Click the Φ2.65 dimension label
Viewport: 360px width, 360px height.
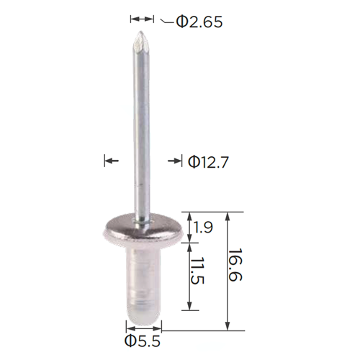[x=199, y=22]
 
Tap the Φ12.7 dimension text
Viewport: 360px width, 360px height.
[x=208, y=162]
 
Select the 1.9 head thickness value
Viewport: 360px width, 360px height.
[x=203, y=228]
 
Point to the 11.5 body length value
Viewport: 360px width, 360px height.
[x=198, y=271]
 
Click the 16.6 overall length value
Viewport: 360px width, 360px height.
[x=235, y=264]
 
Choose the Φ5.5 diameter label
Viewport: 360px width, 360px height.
[x=143, y=341]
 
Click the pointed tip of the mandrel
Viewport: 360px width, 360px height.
[x=140, y=32]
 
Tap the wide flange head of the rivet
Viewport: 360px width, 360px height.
[x=143, y=229]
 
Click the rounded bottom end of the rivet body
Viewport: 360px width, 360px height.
[x=143, y=320]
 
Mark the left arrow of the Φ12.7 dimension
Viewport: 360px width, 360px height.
[x=112, y=161]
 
